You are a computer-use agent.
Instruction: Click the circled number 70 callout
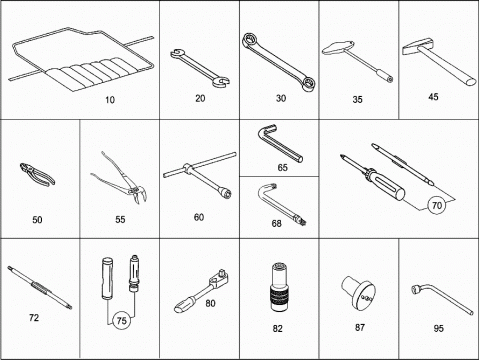pos(436,205)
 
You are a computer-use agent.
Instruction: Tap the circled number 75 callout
pos(121,321)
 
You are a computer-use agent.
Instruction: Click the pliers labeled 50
pos(37,173)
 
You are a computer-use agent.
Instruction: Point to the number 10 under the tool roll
pos(110,100)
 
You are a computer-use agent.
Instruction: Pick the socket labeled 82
pos(279,287)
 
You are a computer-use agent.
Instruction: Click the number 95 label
pos(438,329)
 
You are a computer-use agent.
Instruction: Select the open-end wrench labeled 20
pos(200,68)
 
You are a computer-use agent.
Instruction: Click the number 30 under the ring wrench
pos(281,98)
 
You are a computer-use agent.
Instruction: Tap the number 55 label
pos(120,220)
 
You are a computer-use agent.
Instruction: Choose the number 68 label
pos(276,223)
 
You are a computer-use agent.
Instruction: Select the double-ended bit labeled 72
pos(39,287)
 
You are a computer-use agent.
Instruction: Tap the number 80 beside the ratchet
pos(210,304)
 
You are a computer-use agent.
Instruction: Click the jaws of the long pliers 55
pos(139,194)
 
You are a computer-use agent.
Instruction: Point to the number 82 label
pos(277,329)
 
